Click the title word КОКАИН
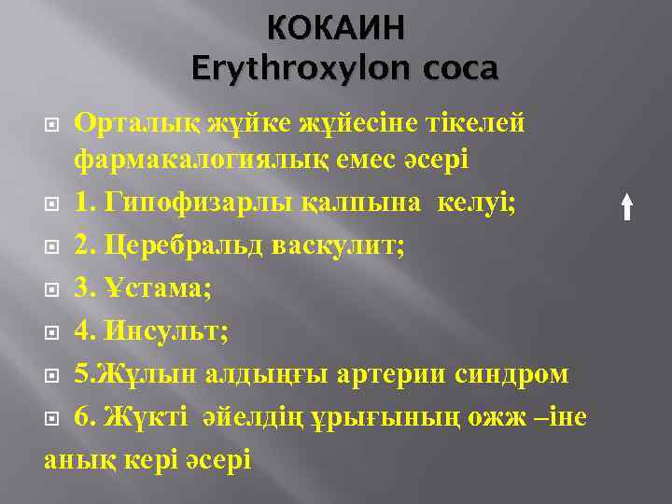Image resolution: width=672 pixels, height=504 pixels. click(336, 28)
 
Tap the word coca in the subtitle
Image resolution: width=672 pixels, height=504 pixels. click(460, 69)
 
